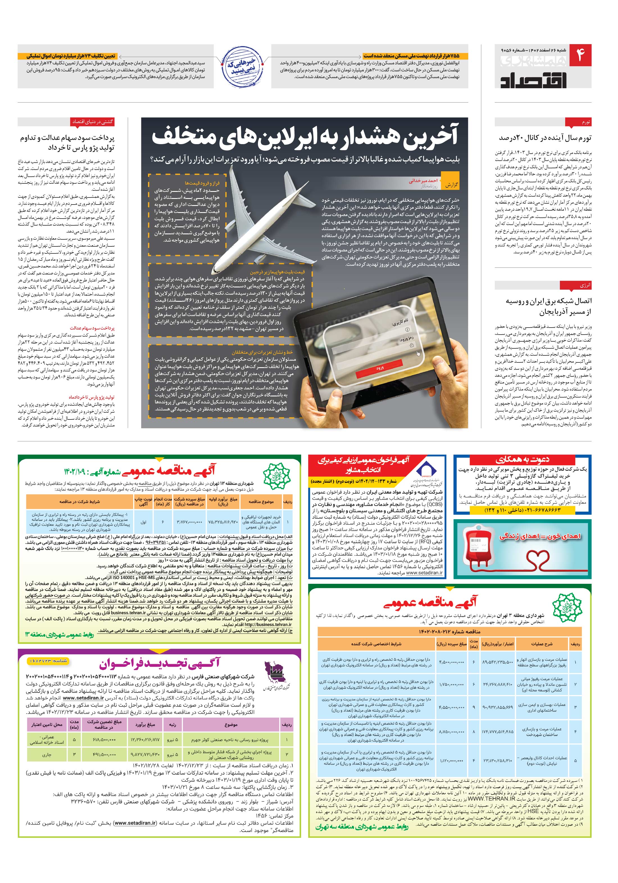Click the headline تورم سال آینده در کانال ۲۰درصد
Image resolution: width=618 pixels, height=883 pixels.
(x=545, y=138)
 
